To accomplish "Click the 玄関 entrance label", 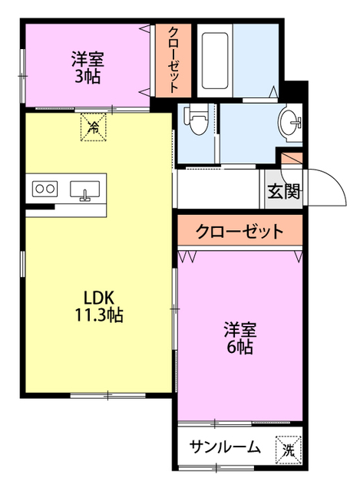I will (284, 192).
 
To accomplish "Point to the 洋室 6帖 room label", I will (239, 338).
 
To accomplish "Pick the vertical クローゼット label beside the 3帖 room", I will (174, 59).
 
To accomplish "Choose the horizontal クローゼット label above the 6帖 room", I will (239, 232).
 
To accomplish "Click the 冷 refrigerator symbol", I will (93, 127).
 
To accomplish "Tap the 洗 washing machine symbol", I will (288, 448).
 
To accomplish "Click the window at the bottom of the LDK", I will (100, 395).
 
